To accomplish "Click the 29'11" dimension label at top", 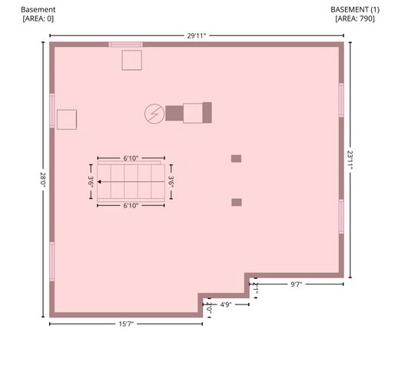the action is tap(197, 35).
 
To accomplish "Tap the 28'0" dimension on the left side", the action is tap(43, 180).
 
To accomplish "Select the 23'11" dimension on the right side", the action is tap(350, 160).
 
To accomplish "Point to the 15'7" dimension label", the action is tap(126, 324).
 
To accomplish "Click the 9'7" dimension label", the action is tap(296, 284).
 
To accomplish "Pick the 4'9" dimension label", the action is tap(226, 304).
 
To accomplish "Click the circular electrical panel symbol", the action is tap(154, 114).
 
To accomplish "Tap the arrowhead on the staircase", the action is tap(99, 181).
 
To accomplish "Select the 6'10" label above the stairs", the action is tap(131, 158).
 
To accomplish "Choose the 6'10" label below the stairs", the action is tap(131, 206).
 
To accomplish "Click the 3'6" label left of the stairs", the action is tap(91, 181).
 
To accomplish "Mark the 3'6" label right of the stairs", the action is tap(171, 181).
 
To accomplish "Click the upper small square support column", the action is tap(236, 158).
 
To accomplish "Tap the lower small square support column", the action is tap(237, 202).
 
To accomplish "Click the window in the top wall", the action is tap(126, 45).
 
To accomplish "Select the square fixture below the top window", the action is tap(132, 60).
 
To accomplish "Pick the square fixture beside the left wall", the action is tap(67, 119).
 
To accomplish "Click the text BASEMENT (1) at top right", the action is tap(355, 10).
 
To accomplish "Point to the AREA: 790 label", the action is tap(355, 18).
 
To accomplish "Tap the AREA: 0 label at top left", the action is tap(38, 18).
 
